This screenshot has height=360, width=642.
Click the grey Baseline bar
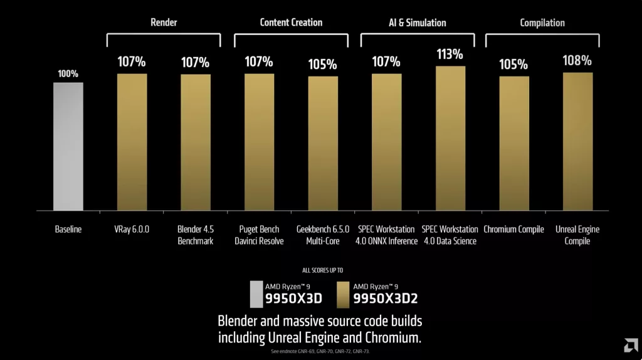pyautogui.click(x=68, y=146)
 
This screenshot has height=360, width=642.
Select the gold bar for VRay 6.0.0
pyautogui.click(x=132, y=142)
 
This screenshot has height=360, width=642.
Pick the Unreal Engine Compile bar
pyautogui.click(x=577, y=141)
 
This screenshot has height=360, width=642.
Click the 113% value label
pyautogui.click(x=450, y=54)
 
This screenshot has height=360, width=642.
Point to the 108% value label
pyautogui.click(x=577, y=61)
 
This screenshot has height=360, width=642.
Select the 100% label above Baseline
pyautogui.click(x=68, y=73)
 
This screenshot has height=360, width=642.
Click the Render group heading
pyautogui.click(x=164, y=23)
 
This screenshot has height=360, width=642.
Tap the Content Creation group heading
pyautogui.click(x=291, y=23)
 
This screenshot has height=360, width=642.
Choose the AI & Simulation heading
pyautogui.click(x=417, y=23)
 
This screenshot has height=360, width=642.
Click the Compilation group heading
pyautogui.click(x=542, y=23)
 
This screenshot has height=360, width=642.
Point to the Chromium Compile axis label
pyautogui.click(x=513, y=230)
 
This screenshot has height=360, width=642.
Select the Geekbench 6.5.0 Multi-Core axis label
pyautogui.click(x=323, y=235)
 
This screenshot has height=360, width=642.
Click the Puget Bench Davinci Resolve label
pyautogui.click(x=259, y=235)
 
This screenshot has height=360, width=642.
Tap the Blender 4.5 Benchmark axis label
pyautogui.click(x=195, y=235)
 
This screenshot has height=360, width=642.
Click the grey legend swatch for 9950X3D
pyautogui.click(x=256, y=293)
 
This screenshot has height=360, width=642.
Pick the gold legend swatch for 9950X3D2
pyautogui.click(x=343, y=293)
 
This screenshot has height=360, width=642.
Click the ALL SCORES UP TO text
pyautogui.click(x=320, y=270)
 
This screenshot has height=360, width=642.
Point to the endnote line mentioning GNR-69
pyautogui.click(x=320, y=351)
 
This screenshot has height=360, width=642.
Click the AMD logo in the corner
pyautogui.click(x=629, y=346)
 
